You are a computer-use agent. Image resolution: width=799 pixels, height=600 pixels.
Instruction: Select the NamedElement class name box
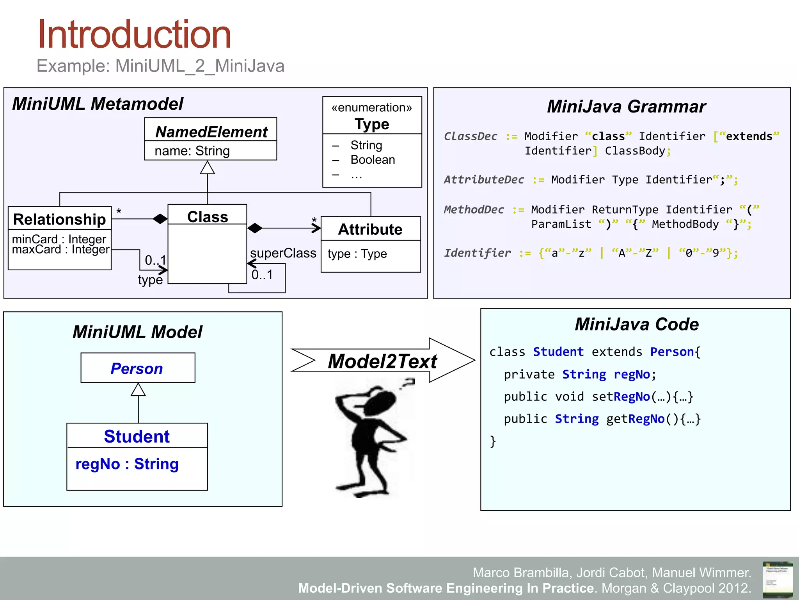(x=211, y=131)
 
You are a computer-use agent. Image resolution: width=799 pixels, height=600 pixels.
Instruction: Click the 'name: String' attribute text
(x=192, y=151)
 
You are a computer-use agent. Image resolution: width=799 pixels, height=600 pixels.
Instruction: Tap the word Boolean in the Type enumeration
(x=373, y=160)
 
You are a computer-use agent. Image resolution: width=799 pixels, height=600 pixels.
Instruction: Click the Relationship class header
(x=59, y=219)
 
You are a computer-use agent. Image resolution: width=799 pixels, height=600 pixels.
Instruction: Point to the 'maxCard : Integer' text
(x=60, y=250)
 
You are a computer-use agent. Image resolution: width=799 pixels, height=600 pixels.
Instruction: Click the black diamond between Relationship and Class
(x=160, y=219)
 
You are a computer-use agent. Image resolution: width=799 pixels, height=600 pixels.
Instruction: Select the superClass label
(x=283, y=253)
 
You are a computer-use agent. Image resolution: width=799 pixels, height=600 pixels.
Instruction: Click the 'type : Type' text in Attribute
(x=357, y=254)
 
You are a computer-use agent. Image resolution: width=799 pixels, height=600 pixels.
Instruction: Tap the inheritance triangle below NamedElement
(x=207, y=168)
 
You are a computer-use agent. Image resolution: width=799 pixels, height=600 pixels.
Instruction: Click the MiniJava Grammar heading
(x=626, y=107)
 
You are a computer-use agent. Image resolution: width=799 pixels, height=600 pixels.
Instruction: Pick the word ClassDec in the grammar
(x=471, y=136)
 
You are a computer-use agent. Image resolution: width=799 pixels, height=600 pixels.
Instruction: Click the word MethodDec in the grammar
(x=474, y=210)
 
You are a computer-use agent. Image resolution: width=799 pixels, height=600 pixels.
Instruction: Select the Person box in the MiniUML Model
(x=138, y=368)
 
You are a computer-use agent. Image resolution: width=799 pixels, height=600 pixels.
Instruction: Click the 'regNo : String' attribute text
(x=127, y=464)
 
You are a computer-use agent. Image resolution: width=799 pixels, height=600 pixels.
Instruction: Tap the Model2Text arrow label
(x=382, y=361)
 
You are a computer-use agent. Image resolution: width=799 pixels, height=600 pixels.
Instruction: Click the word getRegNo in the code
(x=635, y=419)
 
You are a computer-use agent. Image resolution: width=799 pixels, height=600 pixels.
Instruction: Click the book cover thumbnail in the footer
(x=778, y=579)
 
